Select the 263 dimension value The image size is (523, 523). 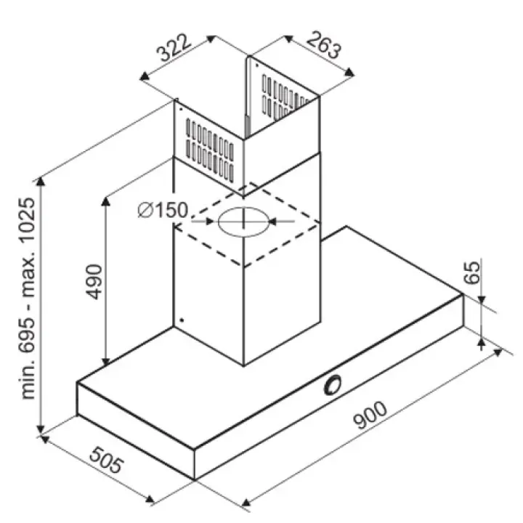324,45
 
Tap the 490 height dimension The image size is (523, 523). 94,282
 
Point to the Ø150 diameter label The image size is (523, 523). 163,210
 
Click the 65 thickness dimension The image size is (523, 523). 472,273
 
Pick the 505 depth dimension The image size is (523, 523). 106,461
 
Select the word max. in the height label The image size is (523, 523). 27,274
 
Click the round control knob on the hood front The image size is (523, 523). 333,384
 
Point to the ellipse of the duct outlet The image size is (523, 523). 243,222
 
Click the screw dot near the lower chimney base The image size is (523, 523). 182,320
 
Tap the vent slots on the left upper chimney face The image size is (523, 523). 210,150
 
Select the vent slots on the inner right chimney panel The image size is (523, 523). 285,97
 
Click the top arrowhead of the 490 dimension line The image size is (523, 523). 105,200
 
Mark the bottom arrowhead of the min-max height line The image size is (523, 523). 41,429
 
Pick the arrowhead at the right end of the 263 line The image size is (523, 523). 349,72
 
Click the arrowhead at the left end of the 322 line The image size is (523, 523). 144,76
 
